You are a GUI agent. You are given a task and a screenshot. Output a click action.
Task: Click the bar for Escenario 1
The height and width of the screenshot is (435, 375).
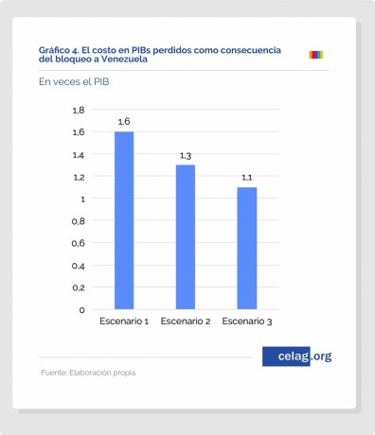click(x=124, y=220)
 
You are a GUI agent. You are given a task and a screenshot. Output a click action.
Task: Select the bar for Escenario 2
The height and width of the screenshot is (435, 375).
click(x=186, y=236)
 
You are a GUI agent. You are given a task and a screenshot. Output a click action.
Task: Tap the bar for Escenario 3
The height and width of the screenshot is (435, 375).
click(x=246, y=248)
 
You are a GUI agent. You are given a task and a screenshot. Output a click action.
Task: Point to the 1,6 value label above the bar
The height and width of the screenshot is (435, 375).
click(x=124, y=122)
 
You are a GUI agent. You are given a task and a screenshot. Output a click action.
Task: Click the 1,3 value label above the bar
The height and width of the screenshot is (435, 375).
click(x=186, y=155)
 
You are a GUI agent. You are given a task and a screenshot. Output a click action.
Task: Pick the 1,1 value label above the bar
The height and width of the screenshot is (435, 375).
click(x=246, y=177)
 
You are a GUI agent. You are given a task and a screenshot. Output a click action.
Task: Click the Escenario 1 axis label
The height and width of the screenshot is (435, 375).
click(x=124, y=322)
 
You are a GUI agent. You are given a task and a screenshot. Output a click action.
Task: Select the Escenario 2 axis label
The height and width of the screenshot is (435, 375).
click(x=186, y=322)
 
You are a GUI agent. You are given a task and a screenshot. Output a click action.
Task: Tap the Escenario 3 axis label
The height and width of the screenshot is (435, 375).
click(x=246, y=322)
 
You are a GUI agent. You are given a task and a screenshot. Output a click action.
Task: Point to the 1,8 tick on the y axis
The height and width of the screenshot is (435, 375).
click(x=79, y=110)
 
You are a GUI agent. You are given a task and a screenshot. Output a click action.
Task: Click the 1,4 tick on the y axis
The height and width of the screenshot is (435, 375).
click(x=79, y=154)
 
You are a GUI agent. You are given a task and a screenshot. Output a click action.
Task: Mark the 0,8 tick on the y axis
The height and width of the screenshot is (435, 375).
click(x=79, y=221)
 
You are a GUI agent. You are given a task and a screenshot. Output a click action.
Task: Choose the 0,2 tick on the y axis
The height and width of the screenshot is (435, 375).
click(x=79, y=287)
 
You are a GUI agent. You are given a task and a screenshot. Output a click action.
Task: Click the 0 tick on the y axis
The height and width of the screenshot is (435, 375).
click(x=82, y=309)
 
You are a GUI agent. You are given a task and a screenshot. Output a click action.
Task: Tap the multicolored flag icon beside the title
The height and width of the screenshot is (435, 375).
click(x=316, y=55)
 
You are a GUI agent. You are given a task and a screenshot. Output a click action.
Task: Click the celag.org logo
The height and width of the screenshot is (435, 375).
click(x=297, y=357)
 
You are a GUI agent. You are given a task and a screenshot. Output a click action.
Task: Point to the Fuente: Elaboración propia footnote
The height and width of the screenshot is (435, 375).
click(x=88, y=373)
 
